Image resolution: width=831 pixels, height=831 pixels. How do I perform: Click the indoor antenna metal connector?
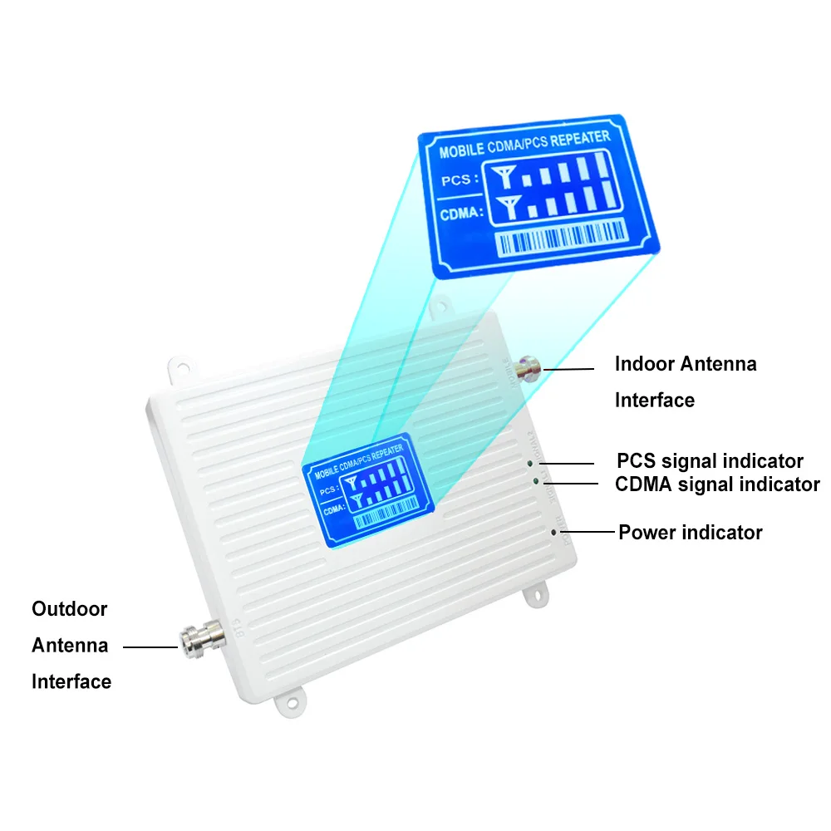pyautogui.click(x=527, y=367)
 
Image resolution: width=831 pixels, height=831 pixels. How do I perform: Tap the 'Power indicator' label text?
pyautogui.click(x=690, y=532)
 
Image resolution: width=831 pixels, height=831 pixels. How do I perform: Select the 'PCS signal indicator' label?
pyautogui.click(x=710, y=460)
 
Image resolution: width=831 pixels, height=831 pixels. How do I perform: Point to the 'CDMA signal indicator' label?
pyautogui.click(x=717, y=484)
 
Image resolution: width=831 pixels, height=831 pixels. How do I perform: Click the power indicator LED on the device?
pyautogui.click(x=553, y=529)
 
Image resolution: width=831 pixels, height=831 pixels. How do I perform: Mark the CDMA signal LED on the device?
pyautogui.click(x=537, y=480)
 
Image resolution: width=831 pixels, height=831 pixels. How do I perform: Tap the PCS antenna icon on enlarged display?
pyautogui.click(x=504, y=175)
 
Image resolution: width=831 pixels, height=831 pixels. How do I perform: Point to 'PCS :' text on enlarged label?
pyautogui.click(x=459, y=179)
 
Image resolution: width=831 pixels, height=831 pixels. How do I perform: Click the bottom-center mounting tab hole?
pyautogui.click(x=293, y=702)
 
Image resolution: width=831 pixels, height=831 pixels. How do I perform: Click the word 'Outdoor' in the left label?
pyautogui.click(x=70, y=609)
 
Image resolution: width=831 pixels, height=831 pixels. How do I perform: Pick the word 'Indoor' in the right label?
pyautogui.click(x=644, y=363)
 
